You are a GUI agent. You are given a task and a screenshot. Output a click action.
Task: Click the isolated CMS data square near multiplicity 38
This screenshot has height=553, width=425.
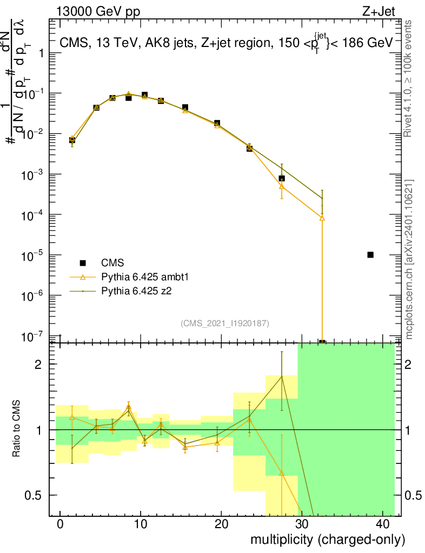[370, 255]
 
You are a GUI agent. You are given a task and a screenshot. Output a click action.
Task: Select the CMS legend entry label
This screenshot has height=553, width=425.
[113, 263]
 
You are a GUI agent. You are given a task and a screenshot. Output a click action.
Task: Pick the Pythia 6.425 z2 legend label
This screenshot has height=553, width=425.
[140, 291]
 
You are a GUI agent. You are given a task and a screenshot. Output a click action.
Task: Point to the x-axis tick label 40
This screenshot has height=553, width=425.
[381, 524]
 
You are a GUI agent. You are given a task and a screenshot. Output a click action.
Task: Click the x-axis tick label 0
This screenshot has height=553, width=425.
[61, 524]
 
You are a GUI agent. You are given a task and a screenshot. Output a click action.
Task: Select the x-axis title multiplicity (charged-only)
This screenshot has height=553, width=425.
[328, 539]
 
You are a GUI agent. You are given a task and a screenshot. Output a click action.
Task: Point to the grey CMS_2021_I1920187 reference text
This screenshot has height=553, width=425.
[225, 323]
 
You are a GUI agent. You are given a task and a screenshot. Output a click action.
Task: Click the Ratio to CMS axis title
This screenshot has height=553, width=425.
[17, 429]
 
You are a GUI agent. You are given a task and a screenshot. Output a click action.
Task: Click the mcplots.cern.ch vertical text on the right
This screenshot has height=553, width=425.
[409, 259]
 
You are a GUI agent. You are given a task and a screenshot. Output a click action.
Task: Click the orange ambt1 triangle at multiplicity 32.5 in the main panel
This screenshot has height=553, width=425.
[322, 218]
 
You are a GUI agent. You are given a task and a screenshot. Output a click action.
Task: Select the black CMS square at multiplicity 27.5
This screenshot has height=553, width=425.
[282, 178]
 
